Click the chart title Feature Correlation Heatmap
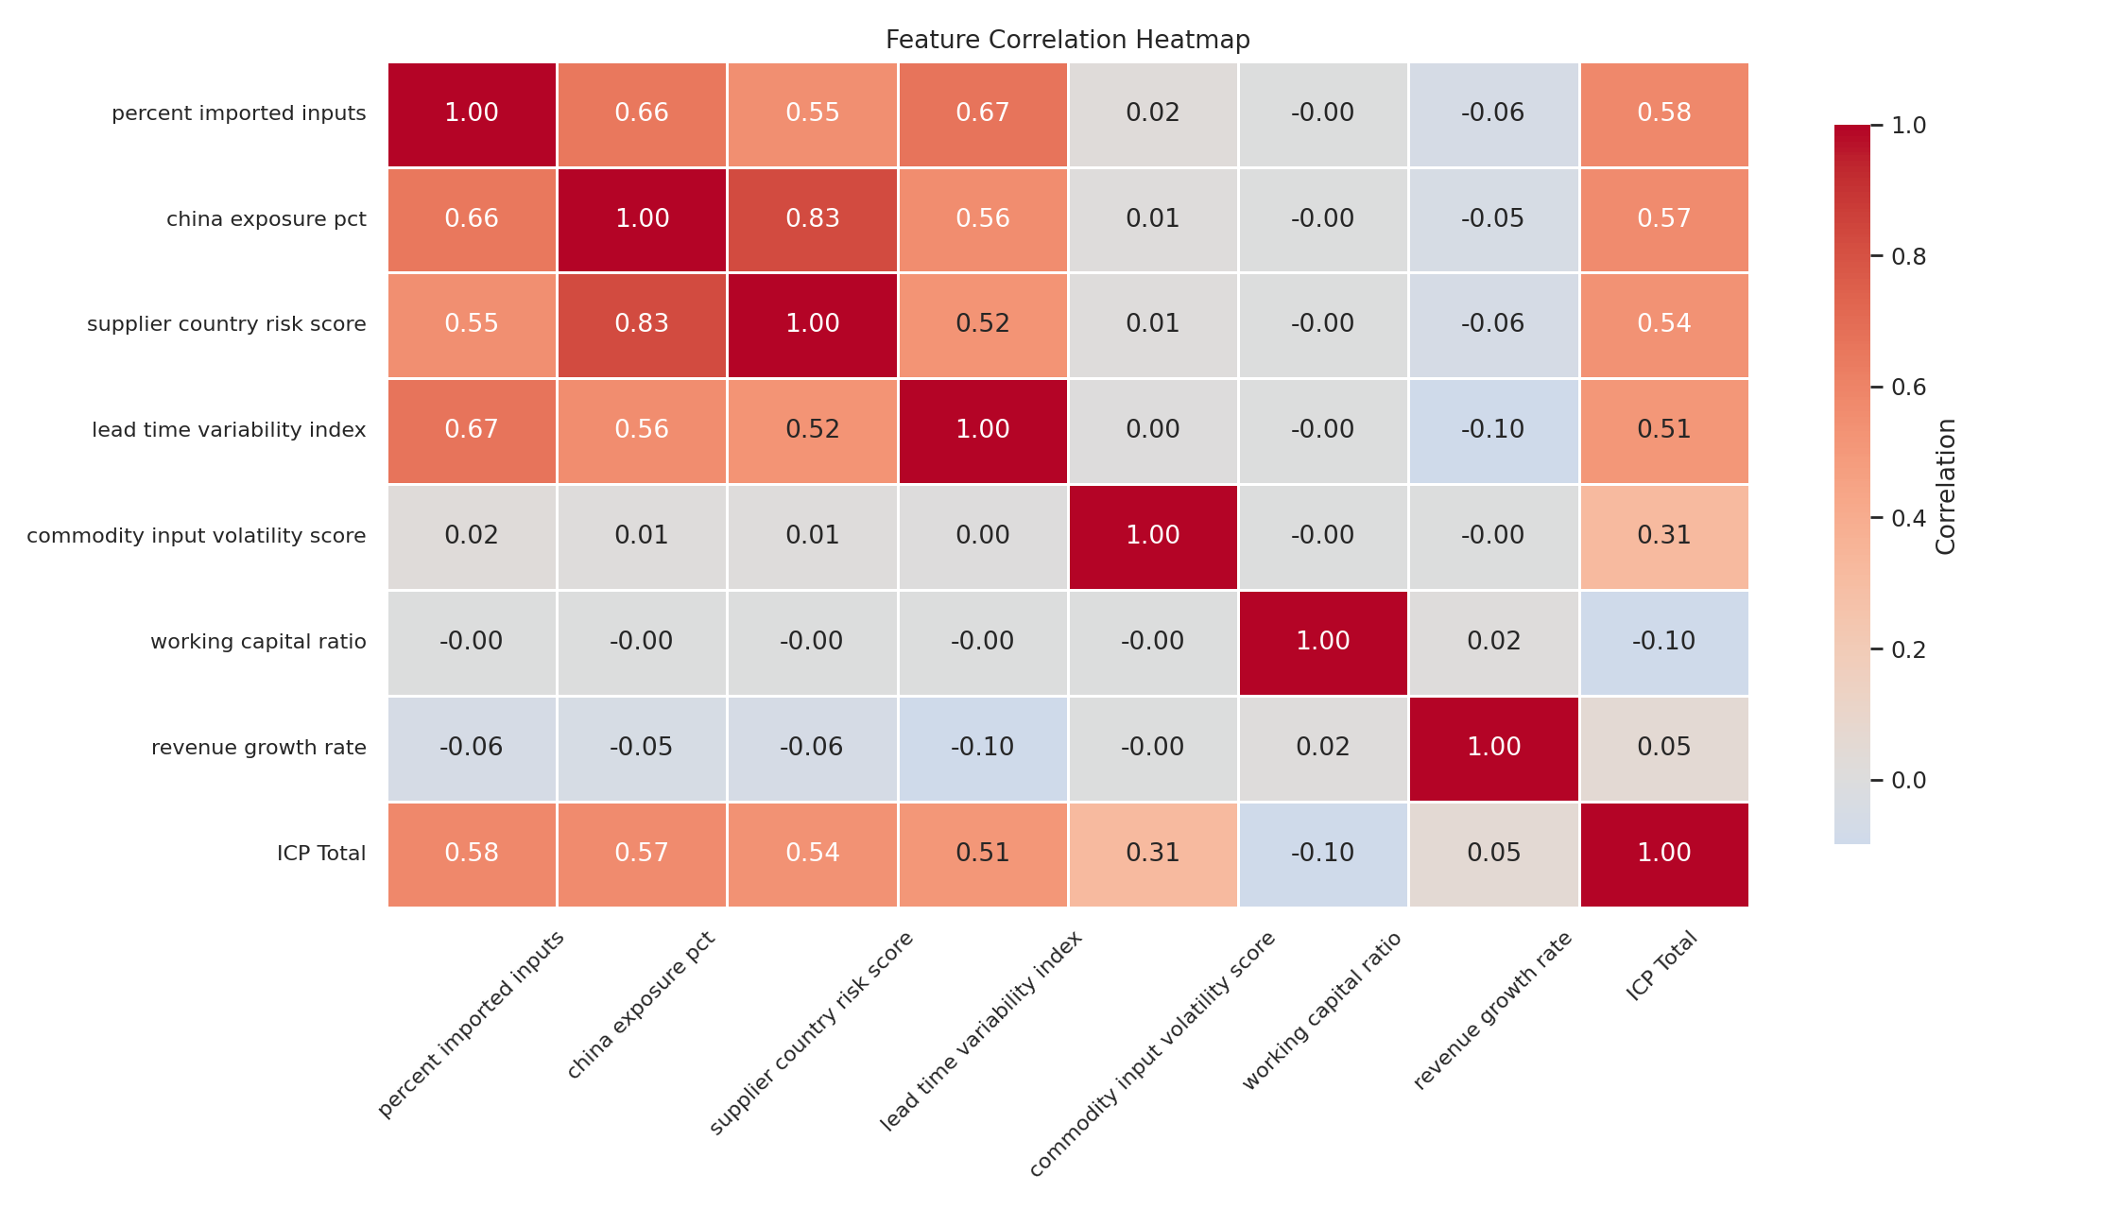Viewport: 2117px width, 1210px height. [x=1067, y=40]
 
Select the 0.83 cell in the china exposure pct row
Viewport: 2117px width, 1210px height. [x=812, y=219]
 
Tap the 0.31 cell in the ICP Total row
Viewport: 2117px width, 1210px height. [x=1153, y=854]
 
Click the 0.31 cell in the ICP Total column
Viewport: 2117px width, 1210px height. [x=1663, y=536]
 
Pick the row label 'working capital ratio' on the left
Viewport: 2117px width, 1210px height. [x=258, y=642]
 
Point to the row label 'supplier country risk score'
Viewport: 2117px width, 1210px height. [x=227, y=324]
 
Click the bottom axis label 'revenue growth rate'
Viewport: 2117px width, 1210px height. [x=1493, y=1010]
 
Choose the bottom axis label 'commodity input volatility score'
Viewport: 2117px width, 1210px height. [x=1153, y=1054]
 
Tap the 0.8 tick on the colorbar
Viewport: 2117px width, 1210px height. [x=1908, y=256]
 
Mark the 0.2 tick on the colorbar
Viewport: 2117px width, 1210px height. [x=1908, y=649]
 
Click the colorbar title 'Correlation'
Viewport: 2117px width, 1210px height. [x=1945, y=486]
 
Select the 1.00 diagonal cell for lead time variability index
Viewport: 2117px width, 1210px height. [x=983, y=430]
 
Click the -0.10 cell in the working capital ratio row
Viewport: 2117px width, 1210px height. [x=1663, y=642]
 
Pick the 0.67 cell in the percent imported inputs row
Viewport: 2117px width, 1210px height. [x=983, y=113]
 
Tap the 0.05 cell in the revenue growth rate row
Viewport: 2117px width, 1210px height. [x=1663, y=748]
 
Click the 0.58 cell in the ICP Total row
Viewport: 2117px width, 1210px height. [x=472, y=854]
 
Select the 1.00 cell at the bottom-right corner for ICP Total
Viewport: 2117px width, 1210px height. [x=1663, y=854]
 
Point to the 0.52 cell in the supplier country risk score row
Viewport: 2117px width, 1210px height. [x=983, y=324]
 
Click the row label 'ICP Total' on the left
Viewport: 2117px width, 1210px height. [x=321, y=854]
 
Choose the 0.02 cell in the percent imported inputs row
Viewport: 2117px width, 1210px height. [x=1153, y=113]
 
